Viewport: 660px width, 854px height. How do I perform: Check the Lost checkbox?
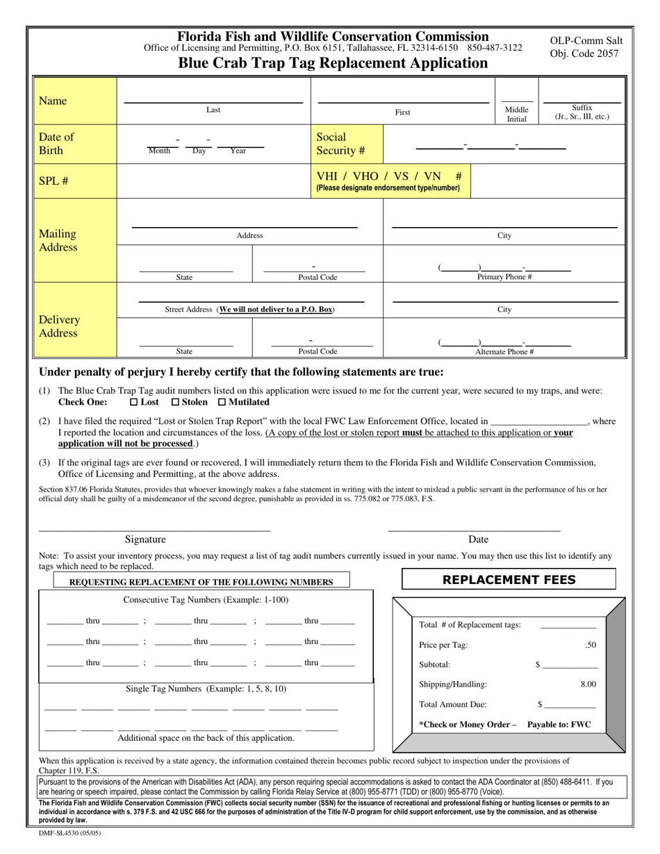coord(134,402)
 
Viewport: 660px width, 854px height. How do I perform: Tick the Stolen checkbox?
coord(175,402)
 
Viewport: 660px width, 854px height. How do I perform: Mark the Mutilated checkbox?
coord(222,402)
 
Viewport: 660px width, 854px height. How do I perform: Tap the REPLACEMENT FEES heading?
coord(509,580)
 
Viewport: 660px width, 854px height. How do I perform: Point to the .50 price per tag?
coord(590,645)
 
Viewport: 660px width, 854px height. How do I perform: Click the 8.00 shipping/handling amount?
coord(588,685)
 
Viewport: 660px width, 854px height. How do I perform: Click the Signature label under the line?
coord(145,539)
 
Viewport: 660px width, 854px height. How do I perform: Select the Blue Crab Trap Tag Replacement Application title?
coord(333,63)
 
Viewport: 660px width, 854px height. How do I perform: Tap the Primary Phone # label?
coord(504,277)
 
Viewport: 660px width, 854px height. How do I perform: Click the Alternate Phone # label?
coord(504,352)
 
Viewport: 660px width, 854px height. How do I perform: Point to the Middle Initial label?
coord(516,114)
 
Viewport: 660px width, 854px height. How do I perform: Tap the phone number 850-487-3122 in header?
coord(495,48)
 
